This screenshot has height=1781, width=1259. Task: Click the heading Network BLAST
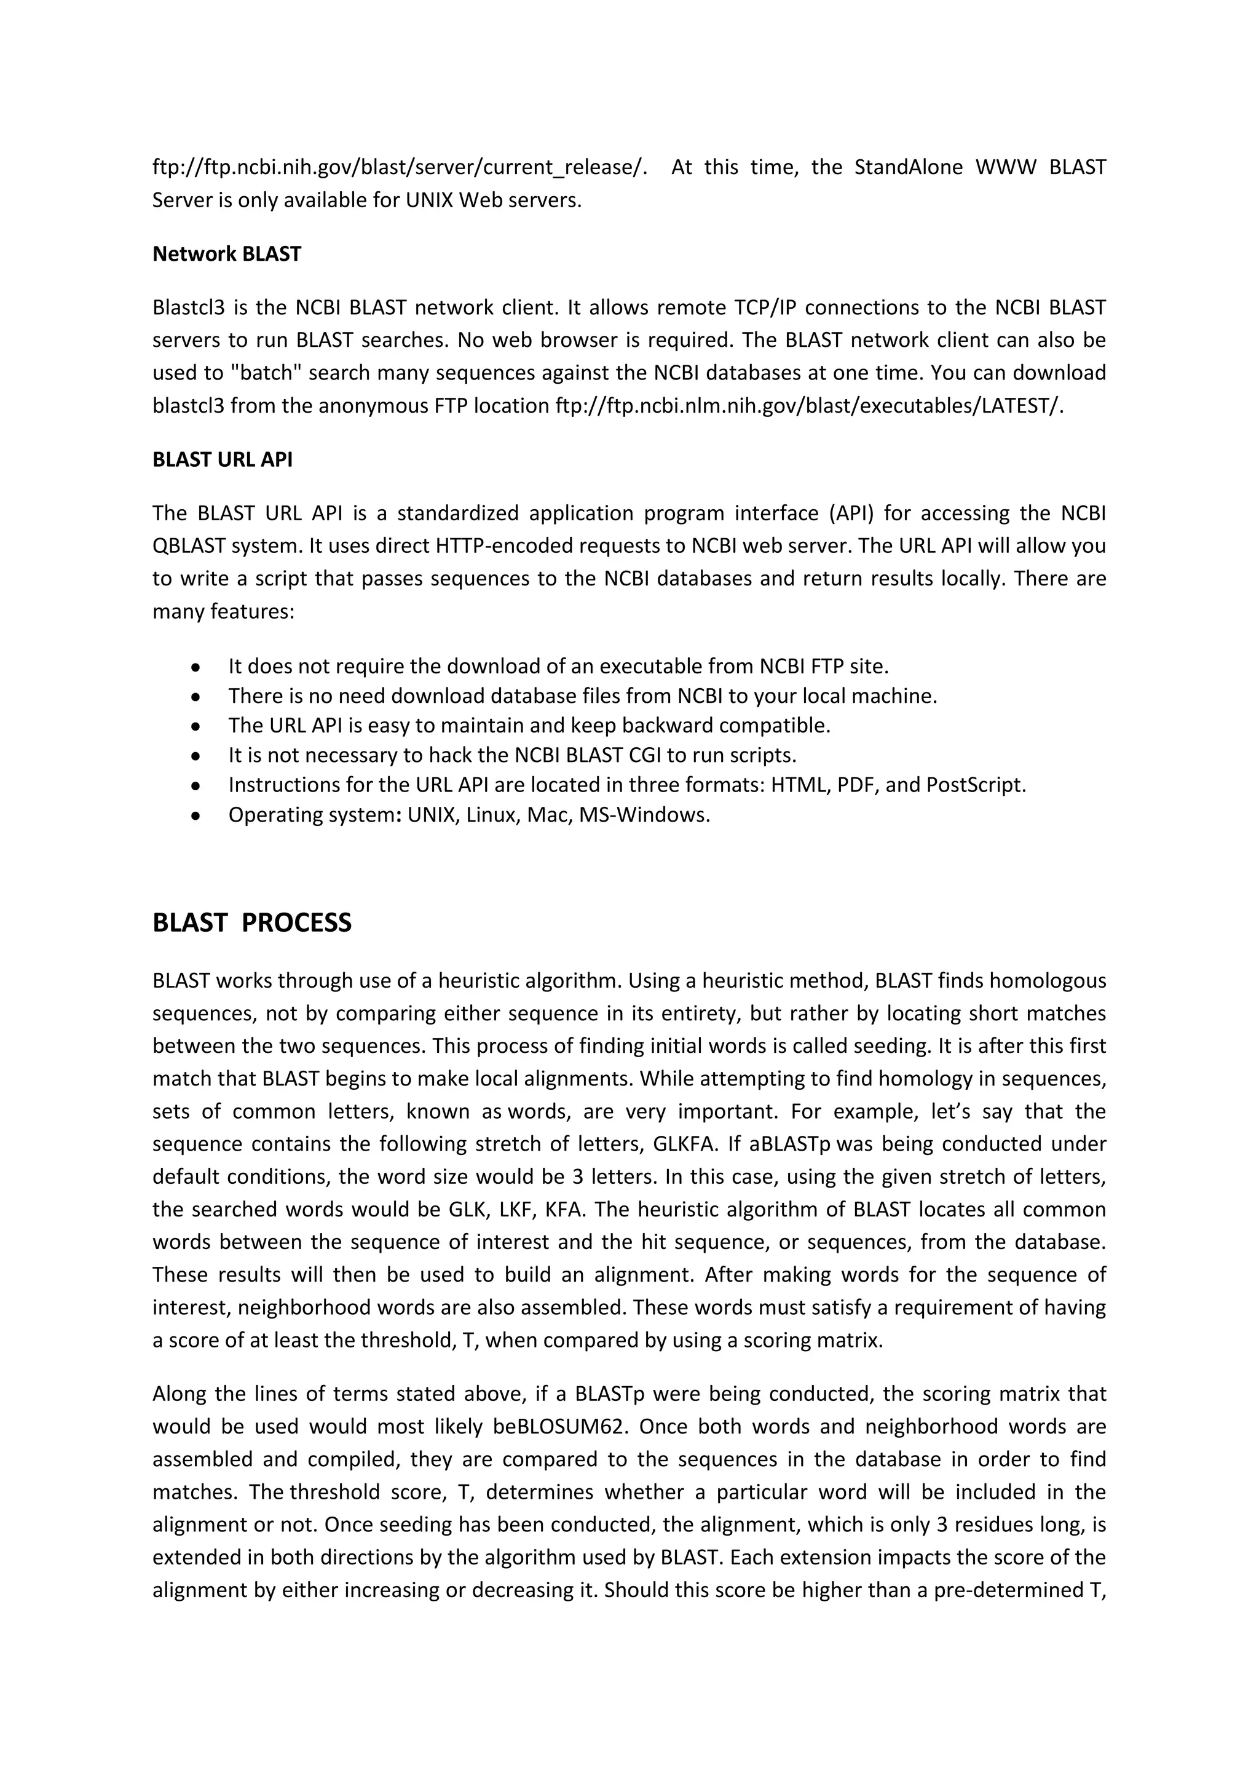pos(226,255)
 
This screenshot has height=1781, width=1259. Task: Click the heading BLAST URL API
pos(223,460)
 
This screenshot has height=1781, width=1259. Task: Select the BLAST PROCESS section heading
pos(252,923)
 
